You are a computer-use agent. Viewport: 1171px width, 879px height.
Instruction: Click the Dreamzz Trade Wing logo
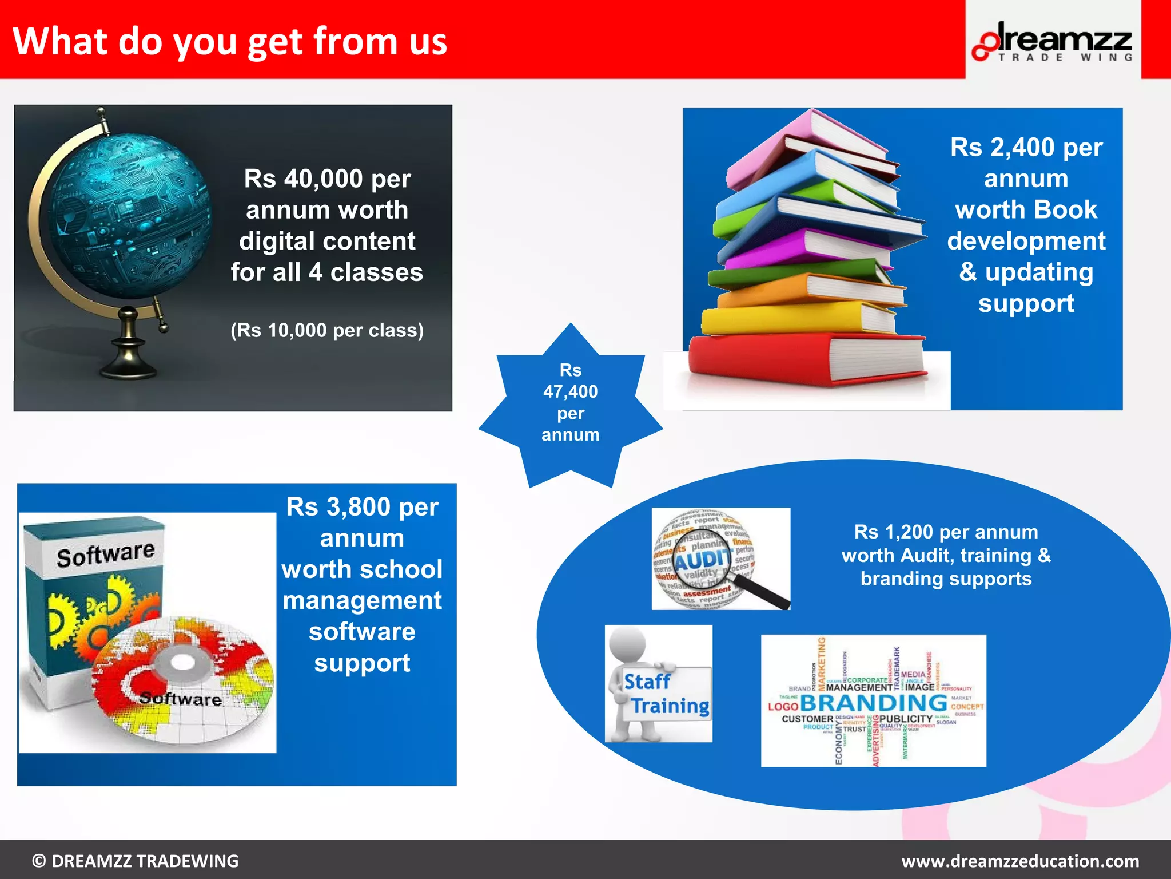1053,41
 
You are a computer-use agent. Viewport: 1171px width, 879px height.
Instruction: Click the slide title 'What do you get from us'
230,41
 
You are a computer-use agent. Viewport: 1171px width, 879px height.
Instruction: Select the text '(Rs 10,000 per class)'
327,331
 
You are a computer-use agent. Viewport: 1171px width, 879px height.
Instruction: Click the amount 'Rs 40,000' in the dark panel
303,179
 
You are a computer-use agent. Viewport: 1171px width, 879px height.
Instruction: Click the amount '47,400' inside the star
570,392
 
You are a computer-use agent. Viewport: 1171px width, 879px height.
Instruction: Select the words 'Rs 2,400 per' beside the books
1026,148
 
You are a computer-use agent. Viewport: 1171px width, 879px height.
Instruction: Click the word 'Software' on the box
106,554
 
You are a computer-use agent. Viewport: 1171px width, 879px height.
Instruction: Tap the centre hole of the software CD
183,664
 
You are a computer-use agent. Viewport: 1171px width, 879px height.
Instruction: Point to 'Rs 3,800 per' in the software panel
362,507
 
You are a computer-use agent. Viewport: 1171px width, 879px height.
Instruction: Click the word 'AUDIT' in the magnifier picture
702,560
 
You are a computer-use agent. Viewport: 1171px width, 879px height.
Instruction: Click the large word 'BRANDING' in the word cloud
874,703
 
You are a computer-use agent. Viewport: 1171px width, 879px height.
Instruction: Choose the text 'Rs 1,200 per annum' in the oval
946,532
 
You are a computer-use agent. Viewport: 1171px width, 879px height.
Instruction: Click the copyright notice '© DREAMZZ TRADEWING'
136,861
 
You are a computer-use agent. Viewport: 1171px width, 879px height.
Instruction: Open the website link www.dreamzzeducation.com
1020,861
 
